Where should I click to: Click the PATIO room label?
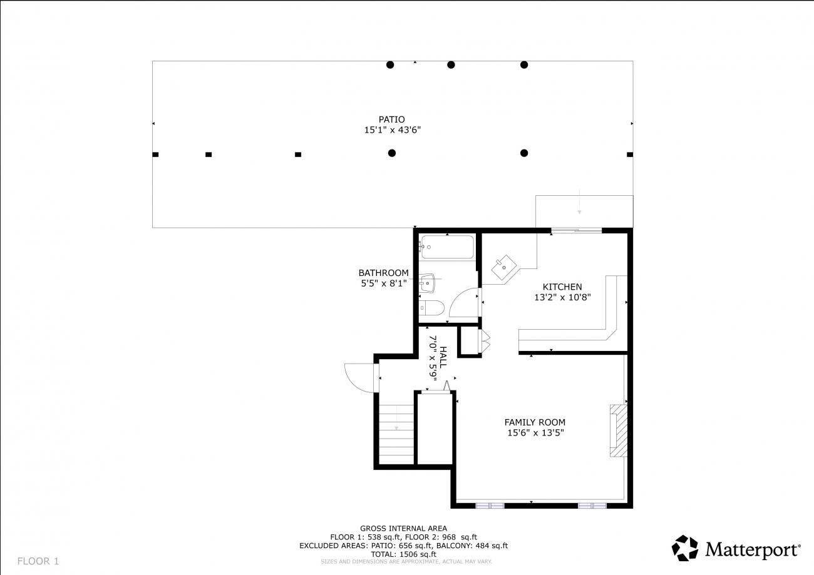[x=392, y=120]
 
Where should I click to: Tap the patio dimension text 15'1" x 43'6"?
[x=393, y=130]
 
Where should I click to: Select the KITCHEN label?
[x=562, y=287]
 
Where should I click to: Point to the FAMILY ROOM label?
[x=535, y=422]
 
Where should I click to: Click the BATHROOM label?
[x=383, y=273]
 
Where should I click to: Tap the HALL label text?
[x=443, y=357]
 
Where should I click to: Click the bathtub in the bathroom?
[x=448, y=247]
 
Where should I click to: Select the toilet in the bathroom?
[x=431, y=308]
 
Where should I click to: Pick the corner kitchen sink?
[x=503, y=267]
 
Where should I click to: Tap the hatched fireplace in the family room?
[x=619, y=430]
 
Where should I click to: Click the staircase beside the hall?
[x=396, y=434]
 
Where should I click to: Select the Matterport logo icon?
[x=684, y=548]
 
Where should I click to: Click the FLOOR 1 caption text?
[x=38, y=561]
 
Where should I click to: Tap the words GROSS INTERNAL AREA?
[x=403, y=529]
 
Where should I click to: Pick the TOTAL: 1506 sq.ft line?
[x=403, y=554]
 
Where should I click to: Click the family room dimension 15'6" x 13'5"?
[x=535, y=433]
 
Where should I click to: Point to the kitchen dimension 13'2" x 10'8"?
[x=562, y=297]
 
